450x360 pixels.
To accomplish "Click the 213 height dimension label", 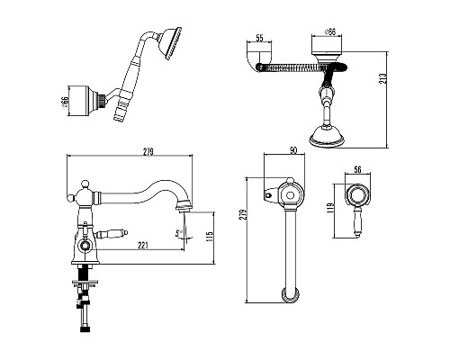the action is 383,78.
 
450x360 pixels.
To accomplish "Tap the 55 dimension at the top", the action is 259,38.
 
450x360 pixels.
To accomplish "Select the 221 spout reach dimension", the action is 143,246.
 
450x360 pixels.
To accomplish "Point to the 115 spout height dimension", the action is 210,237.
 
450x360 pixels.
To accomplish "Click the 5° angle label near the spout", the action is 179,233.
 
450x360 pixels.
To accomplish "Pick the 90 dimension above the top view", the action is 293,150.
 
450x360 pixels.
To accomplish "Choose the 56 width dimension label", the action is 357,170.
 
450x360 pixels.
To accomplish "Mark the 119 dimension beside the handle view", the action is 330,209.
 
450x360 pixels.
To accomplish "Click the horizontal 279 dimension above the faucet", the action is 148,152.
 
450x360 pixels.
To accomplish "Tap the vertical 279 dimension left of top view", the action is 244,214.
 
